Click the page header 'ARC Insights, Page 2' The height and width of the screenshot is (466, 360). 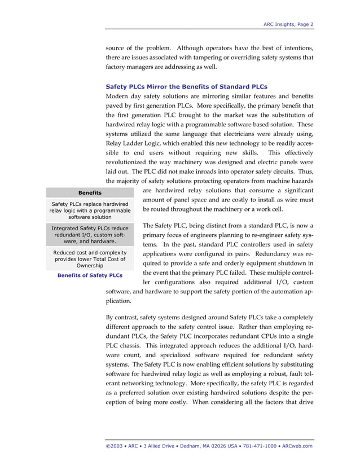click(x=288, y=24)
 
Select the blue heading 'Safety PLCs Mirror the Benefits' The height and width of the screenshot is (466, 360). click(x=186, y=87)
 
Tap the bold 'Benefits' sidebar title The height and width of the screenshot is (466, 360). click(x=90, y=193)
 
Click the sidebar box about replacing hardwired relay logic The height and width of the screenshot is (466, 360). click(x=90, y=210)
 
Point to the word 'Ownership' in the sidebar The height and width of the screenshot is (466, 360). click(x=90, y=265)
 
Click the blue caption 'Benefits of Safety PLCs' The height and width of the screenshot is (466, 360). click(x=90, y=275)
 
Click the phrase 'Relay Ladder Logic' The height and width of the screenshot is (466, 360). click(x=134, y=143)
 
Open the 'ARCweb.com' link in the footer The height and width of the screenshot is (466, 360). click(x=296, y=446)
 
